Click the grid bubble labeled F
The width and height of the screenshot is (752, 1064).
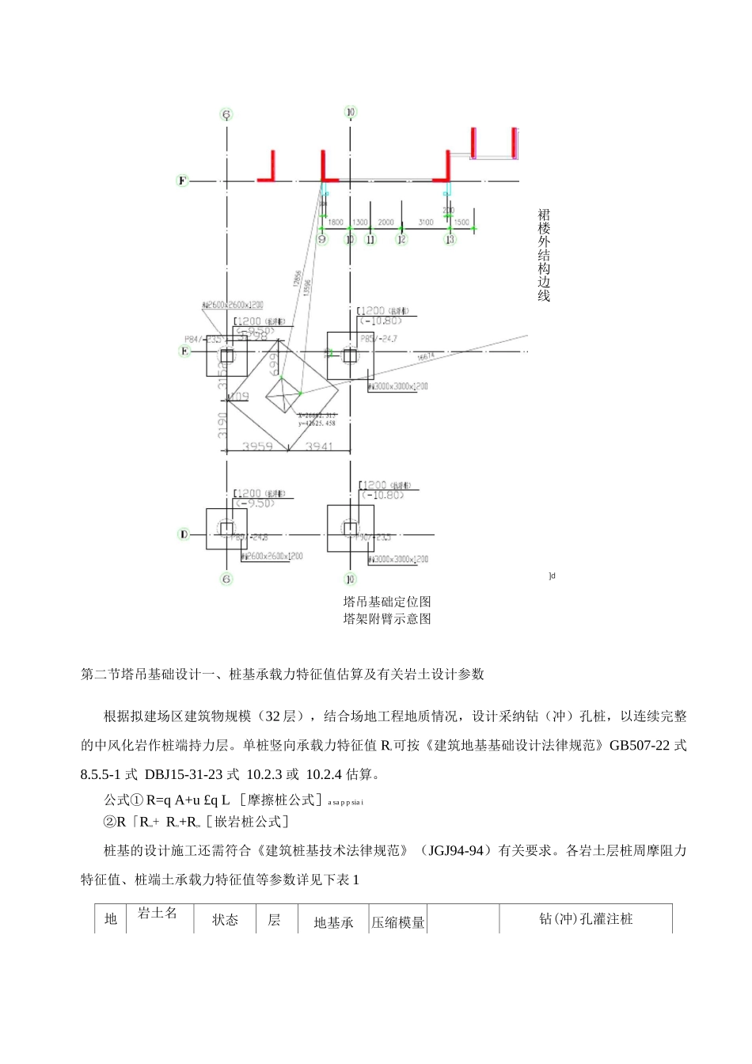182,180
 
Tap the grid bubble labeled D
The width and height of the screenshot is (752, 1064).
184,534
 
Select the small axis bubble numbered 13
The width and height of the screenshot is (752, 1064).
450,239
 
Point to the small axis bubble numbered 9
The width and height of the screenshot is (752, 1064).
322,239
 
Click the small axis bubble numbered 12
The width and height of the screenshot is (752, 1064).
401,239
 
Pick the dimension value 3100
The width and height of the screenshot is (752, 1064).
425,222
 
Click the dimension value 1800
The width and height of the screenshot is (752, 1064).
336,222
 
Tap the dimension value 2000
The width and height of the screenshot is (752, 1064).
385,222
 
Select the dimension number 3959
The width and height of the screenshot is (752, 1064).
257,446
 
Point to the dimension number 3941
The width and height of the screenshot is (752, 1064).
320,446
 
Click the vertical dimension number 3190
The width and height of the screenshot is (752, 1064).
223,425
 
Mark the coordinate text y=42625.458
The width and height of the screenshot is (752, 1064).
317,424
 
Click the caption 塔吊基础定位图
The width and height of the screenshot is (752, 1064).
387,602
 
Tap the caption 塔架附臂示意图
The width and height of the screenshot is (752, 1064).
387,619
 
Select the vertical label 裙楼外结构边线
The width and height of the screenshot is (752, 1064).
544,255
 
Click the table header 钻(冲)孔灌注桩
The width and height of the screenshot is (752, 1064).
586,919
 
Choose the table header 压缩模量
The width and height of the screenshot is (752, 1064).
398,922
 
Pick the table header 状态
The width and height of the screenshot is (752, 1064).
225,920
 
